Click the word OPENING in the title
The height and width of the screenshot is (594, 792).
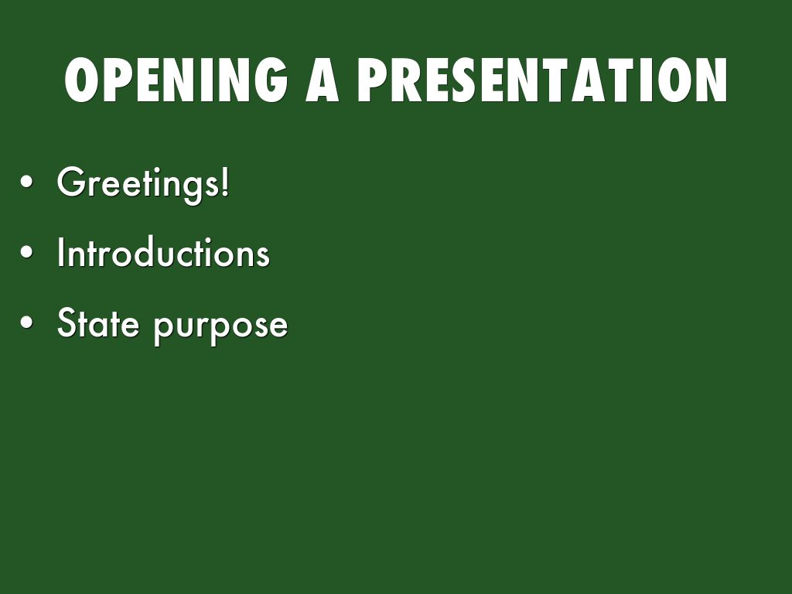tap(176, 80)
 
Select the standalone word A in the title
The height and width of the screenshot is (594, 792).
tap(323, 80)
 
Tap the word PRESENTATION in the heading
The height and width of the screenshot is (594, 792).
tap(542, 80)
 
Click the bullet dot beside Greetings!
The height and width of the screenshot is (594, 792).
tap(26, 182)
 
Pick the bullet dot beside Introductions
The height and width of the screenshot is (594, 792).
tap(26, 252)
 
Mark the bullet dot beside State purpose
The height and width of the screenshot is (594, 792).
tap(26, 323)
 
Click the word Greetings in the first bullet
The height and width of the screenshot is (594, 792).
tap(138, 185)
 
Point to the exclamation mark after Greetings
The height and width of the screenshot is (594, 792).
tap(225, 181)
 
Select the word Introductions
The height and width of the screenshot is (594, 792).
tap(163, 252)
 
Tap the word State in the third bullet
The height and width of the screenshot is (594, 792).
tap(98, 323)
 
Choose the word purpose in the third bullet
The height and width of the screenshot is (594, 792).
tap(220, 328)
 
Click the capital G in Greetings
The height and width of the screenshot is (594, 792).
tap(70, 181)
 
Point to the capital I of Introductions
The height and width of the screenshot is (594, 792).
tap(60, 251)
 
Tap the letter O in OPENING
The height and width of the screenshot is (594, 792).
tap(80, 80)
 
